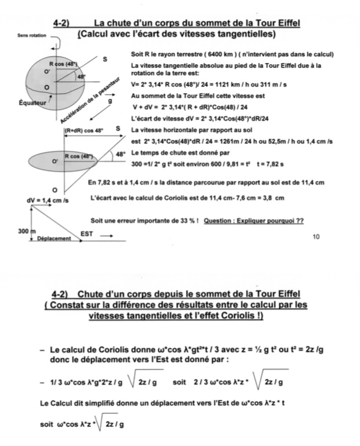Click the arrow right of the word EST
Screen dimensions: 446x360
pos(107,236)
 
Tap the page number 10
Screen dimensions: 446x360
pos(316,237)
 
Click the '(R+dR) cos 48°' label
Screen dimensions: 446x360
pos(83,130)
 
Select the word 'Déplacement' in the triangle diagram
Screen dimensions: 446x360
pos(53,239)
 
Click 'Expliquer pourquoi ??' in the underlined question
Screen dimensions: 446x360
pos(272,221)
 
